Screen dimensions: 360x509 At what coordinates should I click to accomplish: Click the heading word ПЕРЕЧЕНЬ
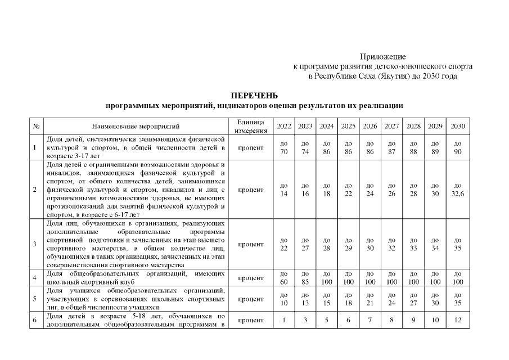254,95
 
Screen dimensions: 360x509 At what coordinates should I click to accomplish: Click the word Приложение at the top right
382,57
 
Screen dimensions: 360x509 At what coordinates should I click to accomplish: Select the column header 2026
370,125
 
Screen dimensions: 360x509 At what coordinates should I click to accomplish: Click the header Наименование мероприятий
135,125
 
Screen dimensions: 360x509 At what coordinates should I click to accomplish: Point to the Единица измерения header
250,126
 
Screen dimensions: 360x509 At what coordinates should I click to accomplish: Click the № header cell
35,125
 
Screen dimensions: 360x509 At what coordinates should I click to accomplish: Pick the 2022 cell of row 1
283,147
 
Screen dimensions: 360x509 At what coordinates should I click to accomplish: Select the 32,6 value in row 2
458,190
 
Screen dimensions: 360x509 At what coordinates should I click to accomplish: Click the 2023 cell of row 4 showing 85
305,278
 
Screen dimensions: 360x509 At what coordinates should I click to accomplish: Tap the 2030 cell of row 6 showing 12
458,320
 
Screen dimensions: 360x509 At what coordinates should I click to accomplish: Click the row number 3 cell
35,244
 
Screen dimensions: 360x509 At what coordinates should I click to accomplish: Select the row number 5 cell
35,299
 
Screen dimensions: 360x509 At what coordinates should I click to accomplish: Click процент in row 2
250,190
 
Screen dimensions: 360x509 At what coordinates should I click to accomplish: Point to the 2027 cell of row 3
391,244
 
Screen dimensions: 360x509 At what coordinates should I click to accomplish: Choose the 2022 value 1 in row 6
283,320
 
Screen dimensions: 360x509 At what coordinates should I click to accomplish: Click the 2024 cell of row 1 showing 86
327,147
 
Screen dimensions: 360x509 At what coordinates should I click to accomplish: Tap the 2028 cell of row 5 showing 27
413,299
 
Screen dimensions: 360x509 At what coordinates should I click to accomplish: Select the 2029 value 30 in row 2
435,190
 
